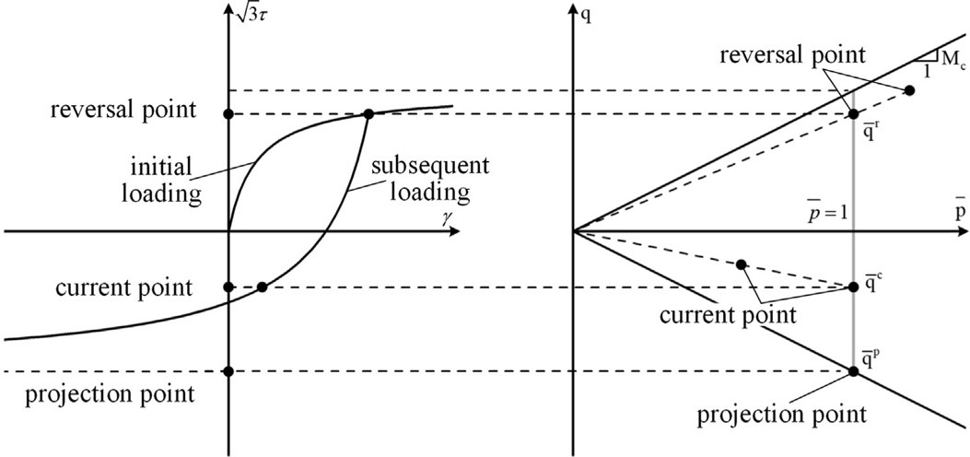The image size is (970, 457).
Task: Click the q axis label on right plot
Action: (x=587, y=14)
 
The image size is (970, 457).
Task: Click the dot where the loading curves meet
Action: (x=368, y=114)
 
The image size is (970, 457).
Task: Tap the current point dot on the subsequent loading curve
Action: (x=263, y=287)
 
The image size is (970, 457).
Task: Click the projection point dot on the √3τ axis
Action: (x=228, y=371)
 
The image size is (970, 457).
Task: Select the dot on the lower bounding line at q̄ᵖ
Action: (x=853, y=371)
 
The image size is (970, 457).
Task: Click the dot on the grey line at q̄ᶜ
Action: (x=853, y=287)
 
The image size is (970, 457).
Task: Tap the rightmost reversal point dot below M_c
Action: (x=910, y=90)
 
